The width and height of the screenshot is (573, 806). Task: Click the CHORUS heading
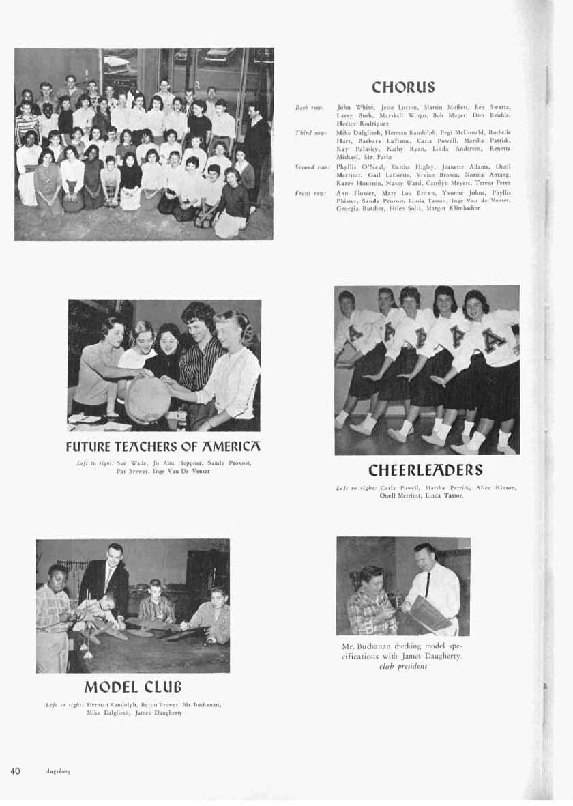[403, 87]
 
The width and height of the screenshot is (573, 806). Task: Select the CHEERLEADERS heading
[426, 470]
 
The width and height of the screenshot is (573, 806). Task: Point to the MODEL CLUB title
[133, 686]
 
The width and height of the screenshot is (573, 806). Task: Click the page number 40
[15, 771]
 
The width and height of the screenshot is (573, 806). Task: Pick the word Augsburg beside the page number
[59, 771]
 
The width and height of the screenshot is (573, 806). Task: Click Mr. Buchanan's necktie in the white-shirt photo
[428, 584]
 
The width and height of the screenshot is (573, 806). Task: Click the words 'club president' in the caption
[402, 666]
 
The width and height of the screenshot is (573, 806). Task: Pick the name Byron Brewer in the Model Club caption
[141, 704]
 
